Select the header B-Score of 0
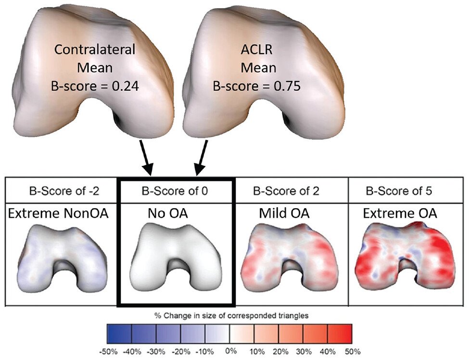tap(175, 191)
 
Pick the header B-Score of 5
tap(399, 191)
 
